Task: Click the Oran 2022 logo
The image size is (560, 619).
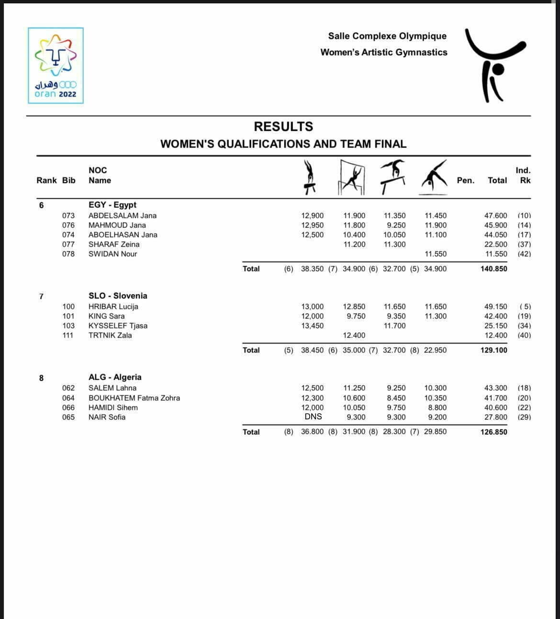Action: (56, 66)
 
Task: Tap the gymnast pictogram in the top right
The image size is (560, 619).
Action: (495, 65)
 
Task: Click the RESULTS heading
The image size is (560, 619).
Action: (283, 126)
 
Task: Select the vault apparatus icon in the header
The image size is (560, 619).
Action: (310, 177)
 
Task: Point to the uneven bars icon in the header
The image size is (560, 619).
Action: (352, 178)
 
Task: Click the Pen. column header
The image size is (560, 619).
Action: (465, 180)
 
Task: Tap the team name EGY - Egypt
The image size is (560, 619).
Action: (112, 205)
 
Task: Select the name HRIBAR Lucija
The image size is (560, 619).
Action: (113, 306)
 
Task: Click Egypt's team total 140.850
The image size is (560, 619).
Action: (493, 269)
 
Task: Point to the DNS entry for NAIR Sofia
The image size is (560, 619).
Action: (313, 416)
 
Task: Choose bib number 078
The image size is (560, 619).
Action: (68, 254)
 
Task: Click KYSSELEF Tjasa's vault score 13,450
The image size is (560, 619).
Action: (312, 326)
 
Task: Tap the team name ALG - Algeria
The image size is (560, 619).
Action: (115, 377)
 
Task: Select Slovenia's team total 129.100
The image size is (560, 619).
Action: (493, 350)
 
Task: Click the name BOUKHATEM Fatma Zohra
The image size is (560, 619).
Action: (134, 398)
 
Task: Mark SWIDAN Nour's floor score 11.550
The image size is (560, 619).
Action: (435, 254)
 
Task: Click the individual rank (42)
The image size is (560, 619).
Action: (524, 254)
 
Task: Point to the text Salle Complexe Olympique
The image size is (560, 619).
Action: (387, 36)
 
